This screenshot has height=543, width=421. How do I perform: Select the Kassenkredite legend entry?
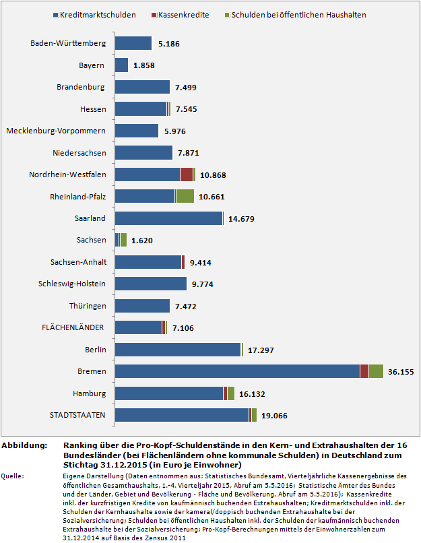click(184, 14)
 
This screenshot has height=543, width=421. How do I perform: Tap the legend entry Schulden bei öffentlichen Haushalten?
click(304, 14)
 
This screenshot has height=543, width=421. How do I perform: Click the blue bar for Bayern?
click(121, 65)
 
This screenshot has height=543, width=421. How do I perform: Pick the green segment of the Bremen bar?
click(376, 371)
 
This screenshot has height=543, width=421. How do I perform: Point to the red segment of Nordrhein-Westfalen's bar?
click(187, 174)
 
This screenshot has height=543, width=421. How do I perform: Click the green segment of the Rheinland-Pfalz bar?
click(185, 196)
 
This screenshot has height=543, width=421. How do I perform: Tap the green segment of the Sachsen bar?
click(123, 240)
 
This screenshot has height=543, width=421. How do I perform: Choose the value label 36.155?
click(401, 372)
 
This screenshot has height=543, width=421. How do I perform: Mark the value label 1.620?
click(143, 241)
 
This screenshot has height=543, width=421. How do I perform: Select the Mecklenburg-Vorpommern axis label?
click(56, 131)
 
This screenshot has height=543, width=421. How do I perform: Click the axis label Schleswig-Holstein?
click(73, 284)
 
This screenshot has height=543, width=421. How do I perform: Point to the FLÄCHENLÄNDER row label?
click(73, 327)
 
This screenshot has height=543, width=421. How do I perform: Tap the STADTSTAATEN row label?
click(77, 415)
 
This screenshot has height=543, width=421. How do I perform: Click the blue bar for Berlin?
click(178, 350)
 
